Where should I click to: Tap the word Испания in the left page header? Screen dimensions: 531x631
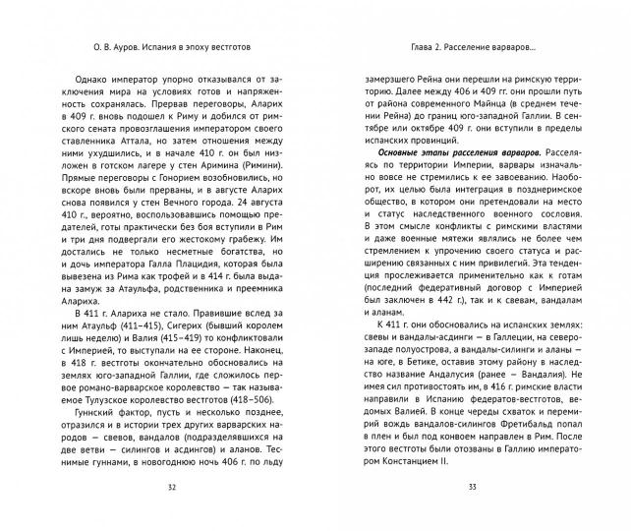click(x=139, y=46)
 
